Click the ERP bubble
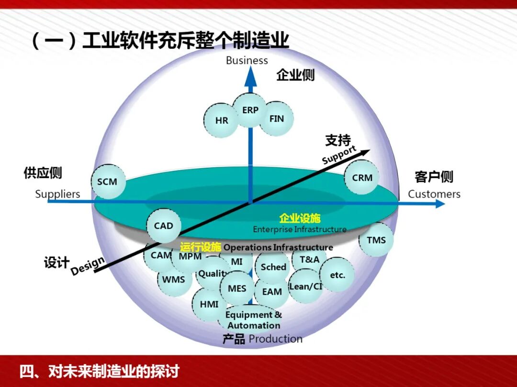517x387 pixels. pyautogui.click(x=250, y=110)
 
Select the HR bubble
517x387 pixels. pyautogui.click(x=221, y=120)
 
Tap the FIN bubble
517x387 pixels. pyautogui.click(x=277, y=118)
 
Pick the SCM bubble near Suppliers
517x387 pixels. pyautogui.click(x=107, y=182)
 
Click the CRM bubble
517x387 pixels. pyautogui.click(x=362, y=177)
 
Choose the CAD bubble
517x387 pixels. pyautogui.click(x=164, y=226)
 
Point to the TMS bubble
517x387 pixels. pyautogui.click(x=376, y=240)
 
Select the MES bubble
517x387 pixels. pyautogui.click(x=237, y=289)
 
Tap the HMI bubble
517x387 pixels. pyautogui.click(x=209, y=304)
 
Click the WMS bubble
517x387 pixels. pyautogui.click(x=173, y=279)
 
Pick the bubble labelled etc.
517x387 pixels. pyautogui.click(x=337, y=275)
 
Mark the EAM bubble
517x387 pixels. pyautogui.click(x=272, y=291)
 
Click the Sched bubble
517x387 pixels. pyautogui.click(x=273, y=267)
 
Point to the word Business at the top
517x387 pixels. pyautogui.click(x=247, y=60)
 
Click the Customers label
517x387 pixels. pyautogui.click(x=434, y=194)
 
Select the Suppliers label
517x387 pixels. pyautogui.click(x=57, y=194)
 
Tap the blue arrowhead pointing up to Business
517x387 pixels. pyautogui.click(x=250, y=76)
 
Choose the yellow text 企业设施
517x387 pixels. pyautogui.click(x=300, y=218)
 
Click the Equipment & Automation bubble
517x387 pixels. pyautogui.click(x=254, y=320)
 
